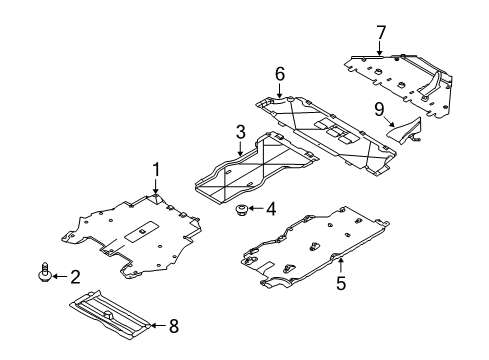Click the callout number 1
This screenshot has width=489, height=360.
[156, 170]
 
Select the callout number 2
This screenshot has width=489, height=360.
[76, 277]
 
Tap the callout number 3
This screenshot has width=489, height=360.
[240, 132]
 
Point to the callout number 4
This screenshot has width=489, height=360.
[271, 209]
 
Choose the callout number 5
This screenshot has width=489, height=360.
[341, 283]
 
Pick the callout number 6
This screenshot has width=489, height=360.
[280, 74]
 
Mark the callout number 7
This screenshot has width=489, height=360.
[381, 33]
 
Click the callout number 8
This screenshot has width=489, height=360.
[174, 326]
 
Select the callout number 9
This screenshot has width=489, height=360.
[379, 109]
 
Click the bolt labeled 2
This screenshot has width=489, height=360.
[45, 272]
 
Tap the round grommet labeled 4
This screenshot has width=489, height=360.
[240, 210]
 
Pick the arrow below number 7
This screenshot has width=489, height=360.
[380, 47]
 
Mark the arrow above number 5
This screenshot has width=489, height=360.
[340, 265]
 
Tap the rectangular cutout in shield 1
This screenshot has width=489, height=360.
[142, 231]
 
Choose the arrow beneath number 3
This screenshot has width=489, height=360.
[240, 148]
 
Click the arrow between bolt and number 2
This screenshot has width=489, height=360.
[60, 276]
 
